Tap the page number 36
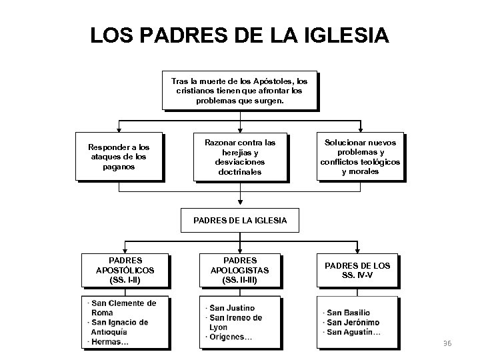447,343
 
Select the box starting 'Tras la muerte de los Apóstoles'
239,90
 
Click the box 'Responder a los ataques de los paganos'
119,157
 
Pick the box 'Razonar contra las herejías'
239,157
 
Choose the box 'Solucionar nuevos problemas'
360,157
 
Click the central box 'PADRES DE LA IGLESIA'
239,219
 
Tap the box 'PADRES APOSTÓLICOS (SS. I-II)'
125,270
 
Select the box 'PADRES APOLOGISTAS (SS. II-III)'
239,270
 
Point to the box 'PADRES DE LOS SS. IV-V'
357,270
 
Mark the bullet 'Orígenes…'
231,337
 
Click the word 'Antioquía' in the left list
109,333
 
